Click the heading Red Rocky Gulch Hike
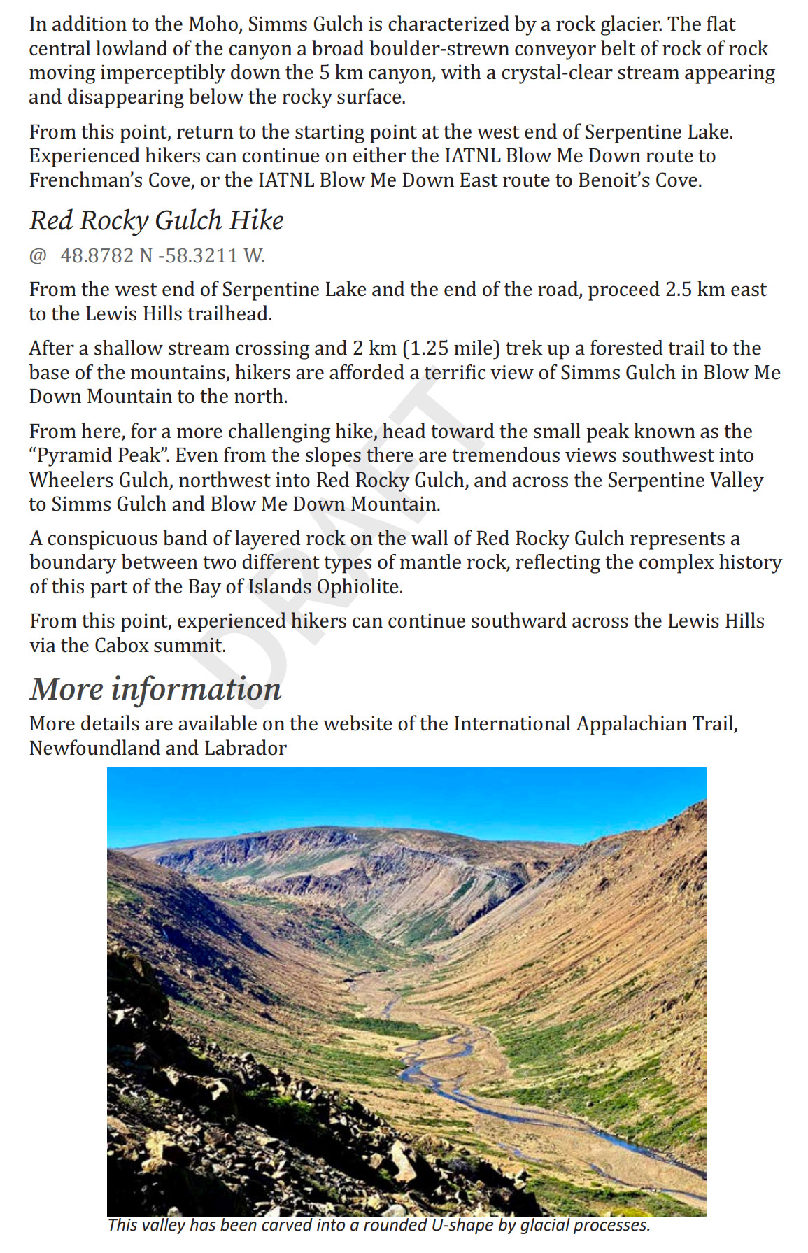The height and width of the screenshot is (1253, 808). point(156,220)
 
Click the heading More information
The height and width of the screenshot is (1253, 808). point(155,689)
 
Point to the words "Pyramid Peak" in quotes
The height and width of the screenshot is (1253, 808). point(99,455)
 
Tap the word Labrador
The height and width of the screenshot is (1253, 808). point(246,748)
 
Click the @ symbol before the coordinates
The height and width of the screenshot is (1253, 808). point(37,256)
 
